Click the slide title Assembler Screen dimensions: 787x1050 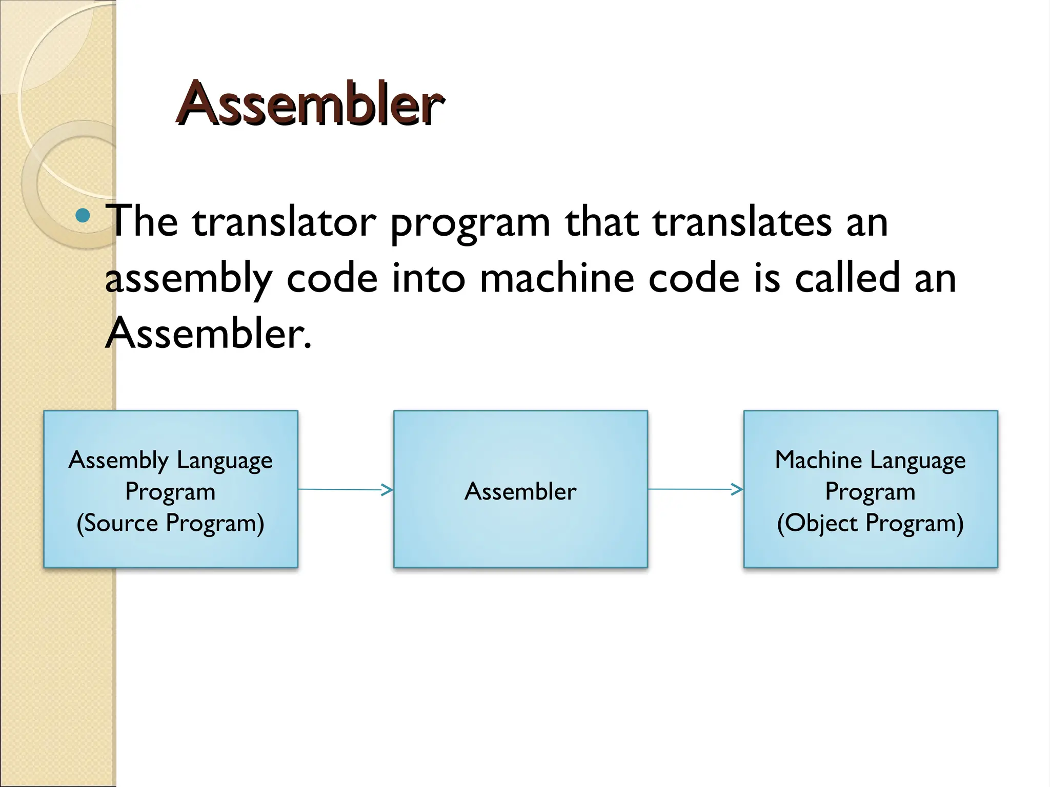(x=310, y=104)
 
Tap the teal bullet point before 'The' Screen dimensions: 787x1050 (x=82, y=216)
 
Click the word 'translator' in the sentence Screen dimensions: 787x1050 (x=284, y=222)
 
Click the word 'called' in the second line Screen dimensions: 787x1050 (x=847, y=278)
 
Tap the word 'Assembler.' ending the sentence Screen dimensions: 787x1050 (x=208, y=334)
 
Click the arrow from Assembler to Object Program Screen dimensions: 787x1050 (x=695, y=490)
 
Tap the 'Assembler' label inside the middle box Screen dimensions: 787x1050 (x=520, y=491)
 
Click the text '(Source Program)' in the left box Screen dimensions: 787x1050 (x=170, y=523)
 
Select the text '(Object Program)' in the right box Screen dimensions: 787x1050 (x=870, y=523)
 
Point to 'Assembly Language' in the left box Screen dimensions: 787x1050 (x=170, y=460)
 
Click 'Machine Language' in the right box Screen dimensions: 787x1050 (x=870, y=460)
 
